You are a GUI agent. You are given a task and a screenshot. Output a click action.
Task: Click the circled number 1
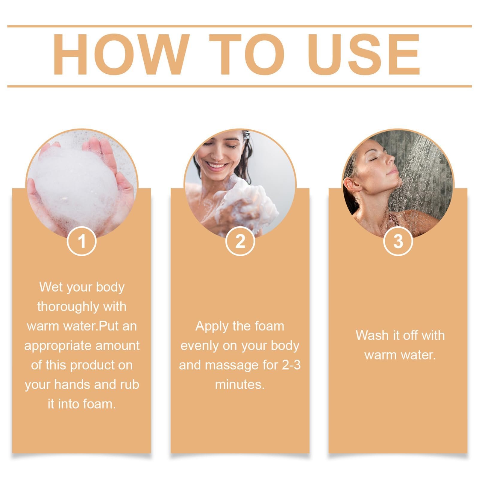81,241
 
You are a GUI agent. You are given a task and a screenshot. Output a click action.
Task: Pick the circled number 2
240,241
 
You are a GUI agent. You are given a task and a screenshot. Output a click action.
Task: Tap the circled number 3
398,241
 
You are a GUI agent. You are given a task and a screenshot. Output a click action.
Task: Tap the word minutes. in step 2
240,385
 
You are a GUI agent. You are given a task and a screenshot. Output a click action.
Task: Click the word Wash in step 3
371,336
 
